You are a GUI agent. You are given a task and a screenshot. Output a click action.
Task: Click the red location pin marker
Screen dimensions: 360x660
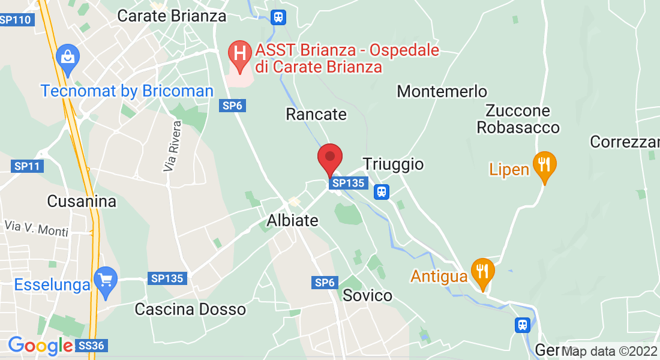tap(329, 158)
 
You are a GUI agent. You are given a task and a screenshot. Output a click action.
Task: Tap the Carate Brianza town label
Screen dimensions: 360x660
tap(172, 16)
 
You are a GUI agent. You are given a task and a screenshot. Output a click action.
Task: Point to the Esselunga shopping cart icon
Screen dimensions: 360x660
tap(106, 281)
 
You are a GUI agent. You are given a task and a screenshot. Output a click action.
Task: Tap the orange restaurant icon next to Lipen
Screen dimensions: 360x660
tap(544, 166)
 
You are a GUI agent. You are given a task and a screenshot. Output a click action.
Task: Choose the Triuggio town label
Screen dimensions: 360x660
tap(393, 164)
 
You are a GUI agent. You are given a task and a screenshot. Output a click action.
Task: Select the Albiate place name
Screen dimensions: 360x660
tap(292, 220)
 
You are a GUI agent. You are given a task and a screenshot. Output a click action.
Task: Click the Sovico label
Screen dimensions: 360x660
tap(367, 295)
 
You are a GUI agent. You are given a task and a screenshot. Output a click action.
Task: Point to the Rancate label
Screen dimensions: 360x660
tap(316, 114)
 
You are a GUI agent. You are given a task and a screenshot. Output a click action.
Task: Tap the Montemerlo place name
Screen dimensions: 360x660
tap(442, 92)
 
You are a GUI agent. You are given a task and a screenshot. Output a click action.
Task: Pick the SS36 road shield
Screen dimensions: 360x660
tap(92, 346)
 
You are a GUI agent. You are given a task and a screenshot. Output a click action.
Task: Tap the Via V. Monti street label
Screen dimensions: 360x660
tap(36, 228)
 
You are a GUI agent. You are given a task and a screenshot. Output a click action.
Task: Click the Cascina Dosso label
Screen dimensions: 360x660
tap(190, 310)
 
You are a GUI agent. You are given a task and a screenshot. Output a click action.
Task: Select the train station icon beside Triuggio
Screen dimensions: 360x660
tap(381, 191)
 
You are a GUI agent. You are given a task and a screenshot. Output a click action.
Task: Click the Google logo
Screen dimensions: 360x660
tap(40, 346)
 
